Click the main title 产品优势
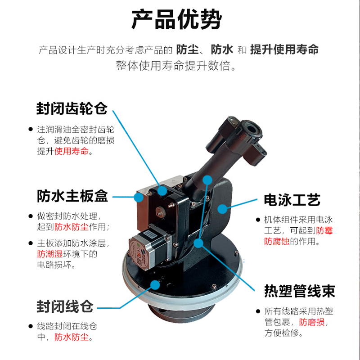[176, 19]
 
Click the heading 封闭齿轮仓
[72, 108]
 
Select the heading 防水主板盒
[72, 196]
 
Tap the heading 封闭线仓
[65, 306]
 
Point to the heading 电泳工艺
[292, 200]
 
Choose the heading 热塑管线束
[300, 291]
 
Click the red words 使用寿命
[72, 151]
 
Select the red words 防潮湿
[50, 254]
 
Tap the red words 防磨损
[312, 322]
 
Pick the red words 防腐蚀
[277, 241]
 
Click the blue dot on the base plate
[155, 285]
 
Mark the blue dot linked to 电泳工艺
[222, 209]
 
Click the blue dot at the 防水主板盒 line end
[139, 197]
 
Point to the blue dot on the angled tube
[207, 180]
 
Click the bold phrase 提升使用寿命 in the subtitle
[284, 49]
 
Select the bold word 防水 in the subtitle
[222, 49]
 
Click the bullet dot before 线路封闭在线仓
[31, 326]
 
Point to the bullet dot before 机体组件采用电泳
[258, 220]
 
